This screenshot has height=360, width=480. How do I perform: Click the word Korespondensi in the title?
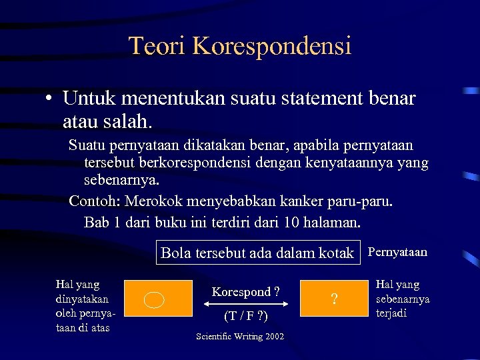[x=271, y=47]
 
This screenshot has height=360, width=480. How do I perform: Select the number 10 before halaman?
[x=291, y=221]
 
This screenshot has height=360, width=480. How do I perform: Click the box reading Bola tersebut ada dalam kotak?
[x=257, y=253]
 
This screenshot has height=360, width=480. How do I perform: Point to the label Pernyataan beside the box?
[x=397, y=252]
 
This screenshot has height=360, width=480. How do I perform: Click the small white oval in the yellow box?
[x=154, y=300]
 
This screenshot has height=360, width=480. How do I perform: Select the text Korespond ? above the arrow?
[x=245, y=291]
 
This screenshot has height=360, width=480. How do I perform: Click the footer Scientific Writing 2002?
[x=240, y=336]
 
